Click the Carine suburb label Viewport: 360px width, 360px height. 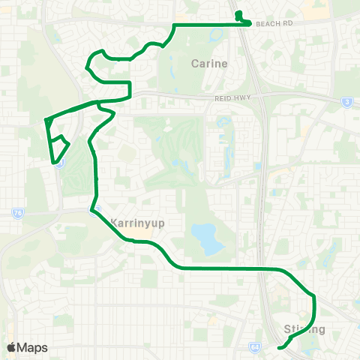[208, 64]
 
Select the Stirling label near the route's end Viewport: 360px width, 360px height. [304, 329]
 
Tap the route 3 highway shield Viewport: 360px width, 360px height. [347, 101]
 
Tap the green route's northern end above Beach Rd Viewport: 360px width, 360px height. [238, 13]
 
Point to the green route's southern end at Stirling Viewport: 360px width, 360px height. [279, 348]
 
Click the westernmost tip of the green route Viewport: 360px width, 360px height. [46, 119]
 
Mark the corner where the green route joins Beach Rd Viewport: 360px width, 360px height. [174, 25]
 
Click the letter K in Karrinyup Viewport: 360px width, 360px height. [114, 223]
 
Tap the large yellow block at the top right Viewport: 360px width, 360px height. [342, 9]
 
